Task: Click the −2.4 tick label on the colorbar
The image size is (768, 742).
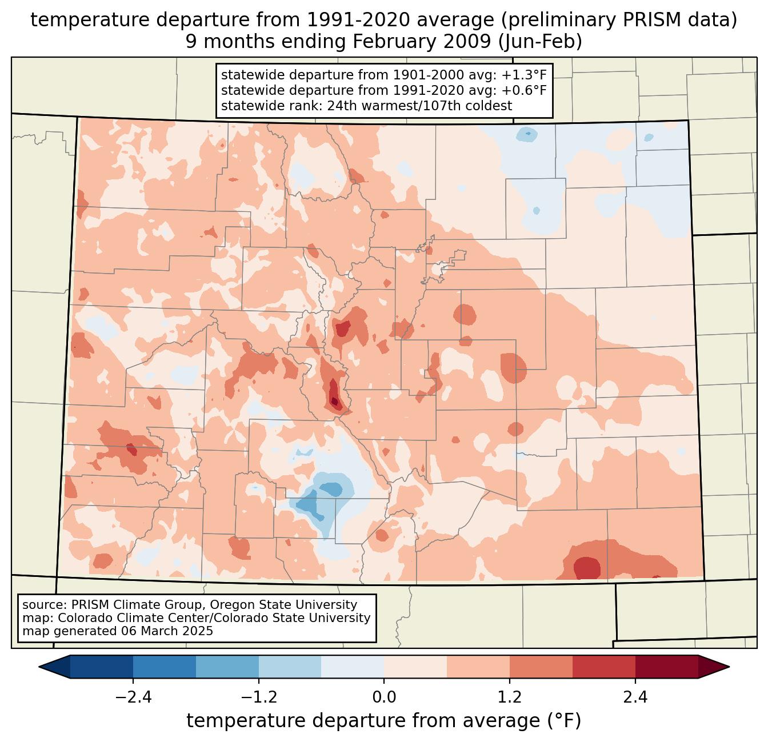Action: pyautogui.click(x=133, y=697)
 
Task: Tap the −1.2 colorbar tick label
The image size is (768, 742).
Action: pyautogui.click(x=258, y=697)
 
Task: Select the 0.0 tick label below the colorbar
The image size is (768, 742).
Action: pyautogui.click(x=384, y=697)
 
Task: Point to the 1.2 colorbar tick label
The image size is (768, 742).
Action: pyautogui.click(x=510, y=697)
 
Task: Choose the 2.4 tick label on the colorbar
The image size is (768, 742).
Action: pyautogui.click(x=635, y=697)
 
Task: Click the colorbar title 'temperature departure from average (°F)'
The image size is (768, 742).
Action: pyautogui.click(x=383, y=721)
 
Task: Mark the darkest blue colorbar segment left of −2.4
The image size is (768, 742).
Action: pyautogui.click(x=101, y=667)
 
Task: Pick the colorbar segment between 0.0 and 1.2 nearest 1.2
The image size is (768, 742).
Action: pyautogui.click(x=478, y=667)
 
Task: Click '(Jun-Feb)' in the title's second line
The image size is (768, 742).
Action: pyautogui.click(x=546, y=42)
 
